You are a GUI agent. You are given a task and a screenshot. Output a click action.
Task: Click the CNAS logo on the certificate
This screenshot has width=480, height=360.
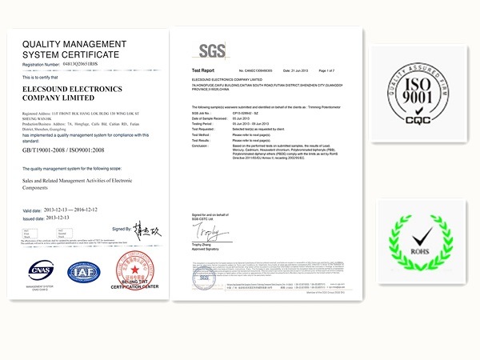[x=40, y=271]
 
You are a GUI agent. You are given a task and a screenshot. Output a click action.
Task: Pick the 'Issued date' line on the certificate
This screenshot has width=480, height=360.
[x=48, y=218]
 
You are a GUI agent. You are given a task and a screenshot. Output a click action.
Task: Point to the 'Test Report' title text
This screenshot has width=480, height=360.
[x=202, y=71]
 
